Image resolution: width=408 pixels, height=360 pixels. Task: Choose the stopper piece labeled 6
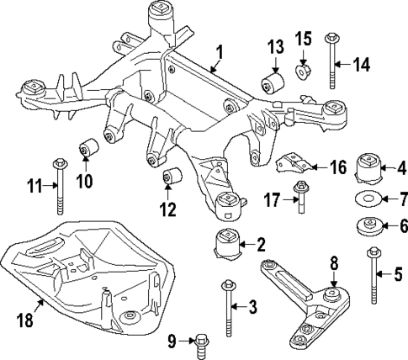368,225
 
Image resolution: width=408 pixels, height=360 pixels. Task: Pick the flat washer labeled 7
368,200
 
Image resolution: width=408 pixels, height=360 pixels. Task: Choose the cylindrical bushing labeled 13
273,82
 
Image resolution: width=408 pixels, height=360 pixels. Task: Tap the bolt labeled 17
299,199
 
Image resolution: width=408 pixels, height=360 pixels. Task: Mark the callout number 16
336,168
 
